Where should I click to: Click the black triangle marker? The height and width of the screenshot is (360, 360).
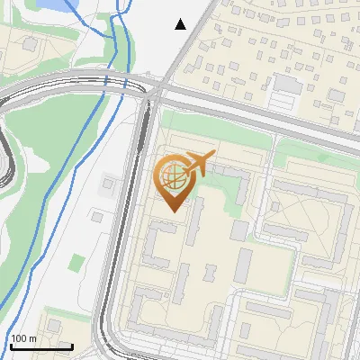[181, 24]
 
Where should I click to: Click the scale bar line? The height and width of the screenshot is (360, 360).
[40, 345]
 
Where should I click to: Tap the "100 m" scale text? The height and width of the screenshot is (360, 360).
[23, 338]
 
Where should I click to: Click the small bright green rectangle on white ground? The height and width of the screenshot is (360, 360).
[77, 263]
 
